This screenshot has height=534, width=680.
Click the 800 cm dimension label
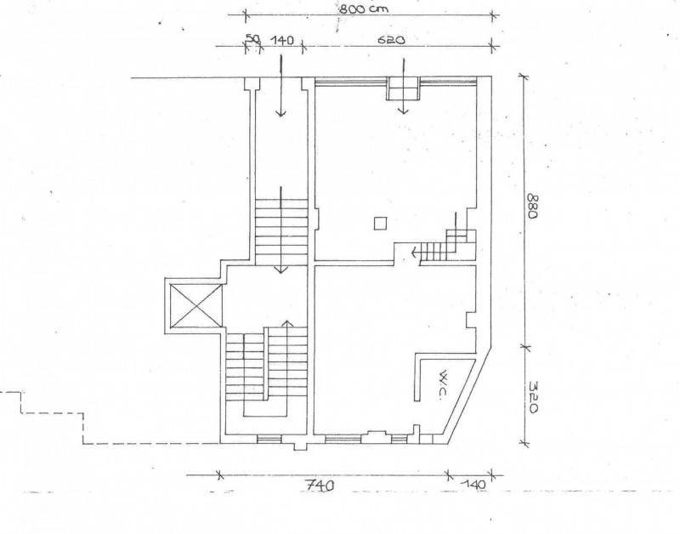click(x=364, y=9)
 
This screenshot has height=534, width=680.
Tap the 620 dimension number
click(x=391, y=40)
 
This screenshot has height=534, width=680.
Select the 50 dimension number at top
click(x=252, y=38)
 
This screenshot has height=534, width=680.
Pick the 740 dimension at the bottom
click(x=320, y=485)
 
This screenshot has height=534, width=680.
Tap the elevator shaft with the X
click(x=196, y=305)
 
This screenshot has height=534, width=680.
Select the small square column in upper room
click(x=380, y=223)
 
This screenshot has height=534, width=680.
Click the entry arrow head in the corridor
click(x=281, y=113)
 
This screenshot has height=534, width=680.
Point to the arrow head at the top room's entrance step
click(x=404, y=111)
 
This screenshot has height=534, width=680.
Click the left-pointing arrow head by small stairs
click(x=414, y=251)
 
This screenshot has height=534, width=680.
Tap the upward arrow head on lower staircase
click(x=286, y=324)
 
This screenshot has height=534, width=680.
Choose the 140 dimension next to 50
click(x=282, y=40)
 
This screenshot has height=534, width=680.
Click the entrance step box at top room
click(x=404, y=88)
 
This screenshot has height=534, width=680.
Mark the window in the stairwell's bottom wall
click(x=267, y=440)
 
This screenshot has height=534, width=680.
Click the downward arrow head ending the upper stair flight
click(x=281, y=270)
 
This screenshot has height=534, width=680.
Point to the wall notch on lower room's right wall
click(x=471, y=319)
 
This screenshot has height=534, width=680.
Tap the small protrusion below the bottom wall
click(x=300, y=446)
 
